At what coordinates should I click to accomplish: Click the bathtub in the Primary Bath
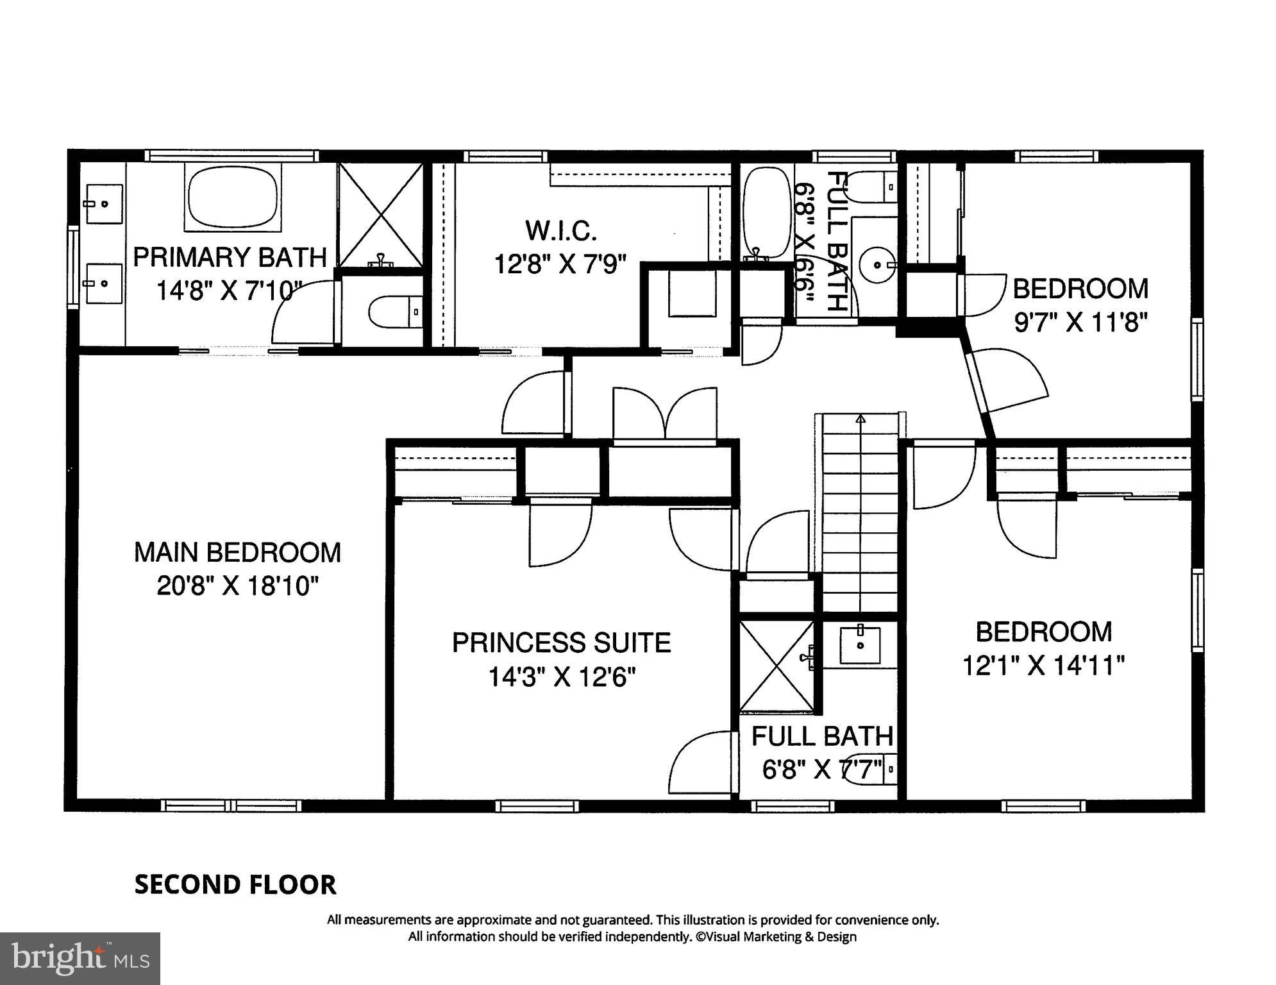[x=233, y=197]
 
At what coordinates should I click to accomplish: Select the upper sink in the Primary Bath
[x=104, y=204]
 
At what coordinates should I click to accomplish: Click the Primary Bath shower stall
[x=381, y=215]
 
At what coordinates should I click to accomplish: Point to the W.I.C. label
[x=560, y=230]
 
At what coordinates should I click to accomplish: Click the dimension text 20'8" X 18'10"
[x=237, y=585]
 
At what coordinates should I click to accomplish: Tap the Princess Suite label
[x=561, y=643]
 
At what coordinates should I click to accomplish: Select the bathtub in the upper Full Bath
[x=766, y=213]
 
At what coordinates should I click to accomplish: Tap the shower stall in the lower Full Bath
[x=776, y=666]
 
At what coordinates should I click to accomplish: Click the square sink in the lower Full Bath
[x=860, y=645]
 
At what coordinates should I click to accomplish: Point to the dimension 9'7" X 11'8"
[x=1080, y=322]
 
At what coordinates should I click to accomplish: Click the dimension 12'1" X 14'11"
[x=1043, y=666]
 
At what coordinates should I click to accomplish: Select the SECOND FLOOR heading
[x=235, y=885]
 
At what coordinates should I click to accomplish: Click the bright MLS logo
[x=80, y=958]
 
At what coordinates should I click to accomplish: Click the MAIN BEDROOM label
[x=237, y=553]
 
